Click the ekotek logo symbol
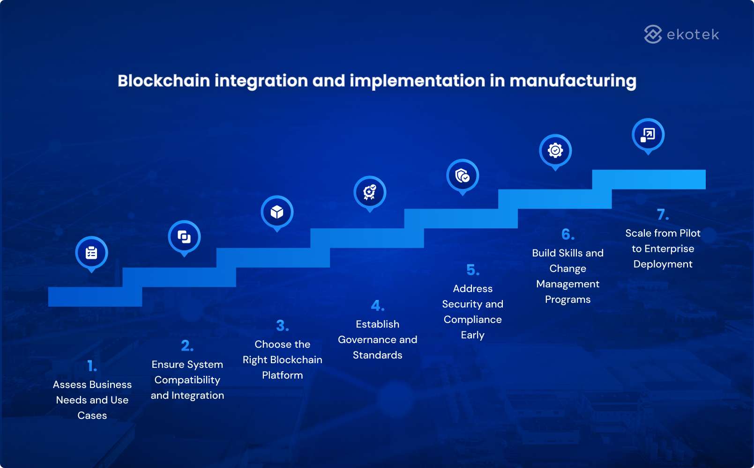point(653,34)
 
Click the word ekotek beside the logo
point(693,35)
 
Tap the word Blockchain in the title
point(164,80)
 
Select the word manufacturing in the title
point(573,81)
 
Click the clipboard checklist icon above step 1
point(92,253)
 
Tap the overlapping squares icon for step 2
point(184,237)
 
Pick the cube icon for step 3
point(277,212)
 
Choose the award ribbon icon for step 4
point(370,192)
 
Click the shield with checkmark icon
point(463,175)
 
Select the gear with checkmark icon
point(555,151)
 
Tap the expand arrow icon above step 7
point(648,135)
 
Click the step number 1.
point(92,366)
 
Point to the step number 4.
point(377,306)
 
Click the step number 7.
point(663,215)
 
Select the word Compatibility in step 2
point(187,380)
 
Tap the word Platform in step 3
point(282,375)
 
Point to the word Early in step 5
point(472,335)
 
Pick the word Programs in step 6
point(567,300)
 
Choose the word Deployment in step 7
point(663,264)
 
